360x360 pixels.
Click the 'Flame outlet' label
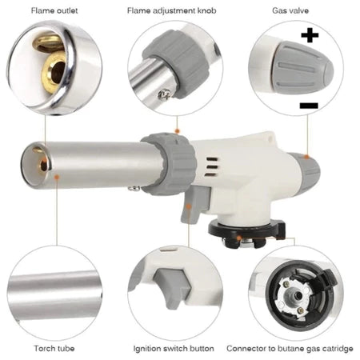click(x=54, y=10)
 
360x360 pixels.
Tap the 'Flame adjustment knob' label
click(x=171, y=10)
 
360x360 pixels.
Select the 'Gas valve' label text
click(x=290, y=10)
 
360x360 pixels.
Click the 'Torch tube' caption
click(x=54, y=348)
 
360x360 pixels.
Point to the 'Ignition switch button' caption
click(x=174, y=349)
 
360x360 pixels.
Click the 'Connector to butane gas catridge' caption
click(x=290, y=349)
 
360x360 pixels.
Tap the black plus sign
click(x=310, y=35)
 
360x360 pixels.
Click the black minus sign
click(x=309, y=106)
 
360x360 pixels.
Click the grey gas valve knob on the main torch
click(x=309, y=170)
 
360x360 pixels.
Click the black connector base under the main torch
click(x=246, y=232)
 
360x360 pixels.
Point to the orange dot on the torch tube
click(x=56, y=177)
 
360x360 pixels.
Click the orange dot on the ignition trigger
click(x=189, y=206)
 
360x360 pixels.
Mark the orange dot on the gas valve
click(x=307, y=157)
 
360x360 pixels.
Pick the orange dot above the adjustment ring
click(x=177, y=130)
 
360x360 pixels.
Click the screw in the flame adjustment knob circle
click(x=163, y=94)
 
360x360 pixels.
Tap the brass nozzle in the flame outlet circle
click(x=54, y=73)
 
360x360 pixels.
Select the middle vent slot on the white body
click(x=211, y=167)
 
